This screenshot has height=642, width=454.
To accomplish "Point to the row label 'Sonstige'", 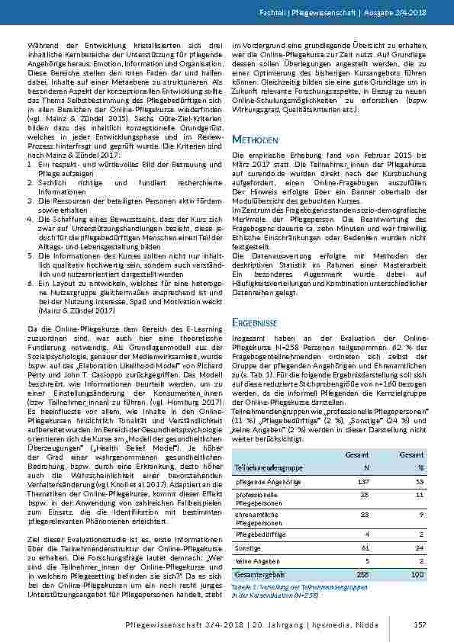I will pyautogui.click(x=248, y=547).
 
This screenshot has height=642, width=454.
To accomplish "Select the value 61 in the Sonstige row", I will pyautogui.click(x=365, y=547).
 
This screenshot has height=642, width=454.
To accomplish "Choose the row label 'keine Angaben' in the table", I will pyautogui.click(x=256, y=559).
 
